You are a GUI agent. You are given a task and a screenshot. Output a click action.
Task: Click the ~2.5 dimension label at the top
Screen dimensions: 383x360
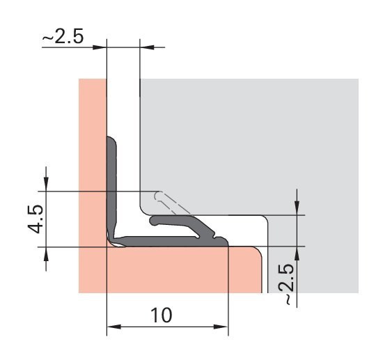[x=63, y=36]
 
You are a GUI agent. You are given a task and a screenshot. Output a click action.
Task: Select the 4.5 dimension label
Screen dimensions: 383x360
[x=36, y=219]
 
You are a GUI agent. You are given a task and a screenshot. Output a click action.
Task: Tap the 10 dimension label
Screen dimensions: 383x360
[x=162, y=315]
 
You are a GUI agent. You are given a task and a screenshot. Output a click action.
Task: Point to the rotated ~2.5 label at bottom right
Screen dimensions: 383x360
[x=286, y=284]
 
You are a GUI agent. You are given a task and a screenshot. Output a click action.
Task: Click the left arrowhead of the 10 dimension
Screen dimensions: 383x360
[x=114, y=327]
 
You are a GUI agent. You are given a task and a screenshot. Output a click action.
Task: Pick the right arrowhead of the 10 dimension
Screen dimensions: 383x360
[x=221, y=327]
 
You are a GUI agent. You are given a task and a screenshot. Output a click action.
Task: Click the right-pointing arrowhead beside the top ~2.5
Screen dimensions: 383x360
[x=100, y=47]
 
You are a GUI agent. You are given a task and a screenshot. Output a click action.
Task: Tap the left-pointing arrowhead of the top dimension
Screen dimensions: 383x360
[x=147, y=47]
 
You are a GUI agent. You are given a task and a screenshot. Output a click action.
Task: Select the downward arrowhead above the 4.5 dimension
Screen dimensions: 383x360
[x=46, y=184]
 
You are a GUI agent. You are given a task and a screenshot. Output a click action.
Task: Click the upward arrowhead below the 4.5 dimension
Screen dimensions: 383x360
[x=46, y=254]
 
